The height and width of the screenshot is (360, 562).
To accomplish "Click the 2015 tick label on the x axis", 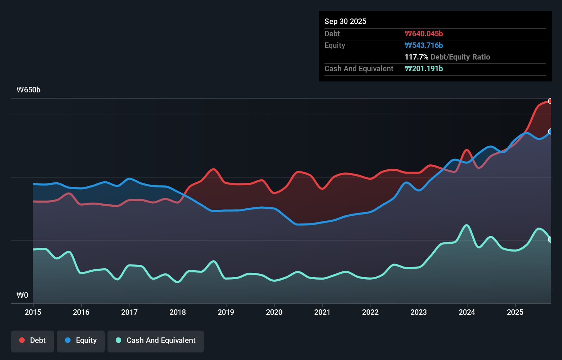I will click(x=33, y=312).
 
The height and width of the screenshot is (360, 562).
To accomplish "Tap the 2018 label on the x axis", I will click(x=178, y=312).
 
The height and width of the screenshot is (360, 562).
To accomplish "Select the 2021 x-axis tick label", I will click(x=322, y=312).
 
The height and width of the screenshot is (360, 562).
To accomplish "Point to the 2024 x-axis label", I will click(x=467, y=312).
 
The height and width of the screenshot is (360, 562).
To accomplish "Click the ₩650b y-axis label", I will click(x=28, y=90).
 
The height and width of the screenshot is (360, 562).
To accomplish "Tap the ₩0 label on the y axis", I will click(x=22, y=295).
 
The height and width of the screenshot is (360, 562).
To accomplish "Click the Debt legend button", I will click(x=33, y=340).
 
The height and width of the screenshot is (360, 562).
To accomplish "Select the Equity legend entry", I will click(x=81, y=340).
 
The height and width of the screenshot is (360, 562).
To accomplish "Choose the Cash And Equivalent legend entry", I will click(x=156, y=340).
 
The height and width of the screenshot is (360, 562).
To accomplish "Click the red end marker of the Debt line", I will click(x=550, y=101).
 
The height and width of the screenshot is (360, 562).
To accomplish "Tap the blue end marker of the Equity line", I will click(x=550, y=131).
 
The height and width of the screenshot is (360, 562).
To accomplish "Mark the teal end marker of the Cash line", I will click(x=550, y=240).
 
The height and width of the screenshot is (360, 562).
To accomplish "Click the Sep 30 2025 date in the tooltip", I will click(x=345, y=21).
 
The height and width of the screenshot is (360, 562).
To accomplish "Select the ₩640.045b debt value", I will click(x=424, y=34).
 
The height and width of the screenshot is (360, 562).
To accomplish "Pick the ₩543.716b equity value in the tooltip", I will click(x=424, y=45).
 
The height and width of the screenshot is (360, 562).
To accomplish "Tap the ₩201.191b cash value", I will click(x=424, y=68).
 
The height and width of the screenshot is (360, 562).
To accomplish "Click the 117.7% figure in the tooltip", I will click(x=416, y=57).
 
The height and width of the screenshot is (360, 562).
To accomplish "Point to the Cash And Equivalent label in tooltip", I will click(x=359, y=68).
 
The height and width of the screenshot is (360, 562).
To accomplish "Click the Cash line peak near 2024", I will click(x=467, y=225).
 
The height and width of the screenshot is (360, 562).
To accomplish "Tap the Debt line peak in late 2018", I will click(x=214, y=169).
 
